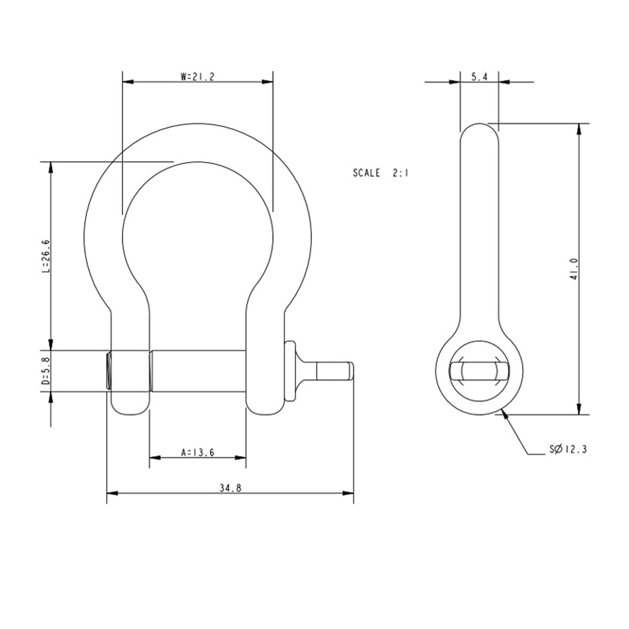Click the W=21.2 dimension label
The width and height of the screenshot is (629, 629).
click(x=197, y=77)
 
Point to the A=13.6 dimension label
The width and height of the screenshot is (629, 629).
click(x=198, y=452)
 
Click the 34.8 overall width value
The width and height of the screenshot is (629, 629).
click(x=230, y=488)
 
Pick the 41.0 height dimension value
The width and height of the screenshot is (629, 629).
click(x=574, y=268)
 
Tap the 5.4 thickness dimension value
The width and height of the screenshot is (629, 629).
click(x=479, y=77)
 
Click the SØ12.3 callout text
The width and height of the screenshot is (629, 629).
click(x=568, y=449)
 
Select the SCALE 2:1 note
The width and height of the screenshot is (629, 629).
click(x=381, y=173)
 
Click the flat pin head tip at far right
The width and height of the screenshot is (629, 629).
click(x=351, y=371)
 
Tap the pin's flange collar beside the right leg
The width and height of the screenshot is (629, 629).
click(x=290, y=370)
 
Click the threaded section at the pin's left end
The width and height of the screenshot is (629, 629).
click(x=109, y=371)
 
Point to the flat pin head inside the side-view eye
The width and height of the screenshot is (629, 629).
click(x=479, y=371)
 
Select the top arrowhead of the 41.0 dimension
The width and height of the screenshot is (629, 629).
click(x=579, y=128)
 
